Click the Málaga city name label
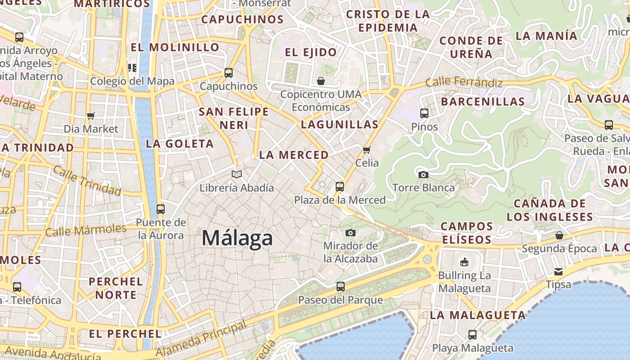click(x=237, y=238)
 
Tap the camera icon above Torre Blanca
click(x=423, y=175)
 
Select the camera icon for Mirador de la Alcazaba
click(x=351, y=233)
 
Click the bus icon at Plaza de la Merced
click(x=340, y=186)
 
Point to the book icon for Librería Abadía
click(x=237, y=174)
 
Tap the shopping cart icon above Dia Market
click(x=91, y=116)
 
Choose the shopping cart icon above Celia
click(x=367, y=150)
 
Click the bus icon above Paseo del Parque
click(x=341, y=286)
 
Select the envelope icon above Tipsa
click(x=558, y=272)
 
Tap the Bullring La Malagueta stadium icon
click(x=464, y=262)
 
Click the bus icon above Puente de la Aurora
click(x=161, y=209)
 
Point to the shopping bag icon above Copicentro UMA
click(x=321, y=81)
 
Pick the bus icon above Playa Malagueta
click(x=472, y=334)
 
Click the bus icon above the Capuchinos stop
click(x=229, y=72)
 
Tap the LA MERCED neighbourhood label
click(x=294, y=155)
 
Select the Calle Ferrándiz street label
click(x=464, y=82)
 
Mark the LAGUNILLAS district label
click(x=340, y=125)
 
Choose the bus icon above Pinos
click(x=424, y=113)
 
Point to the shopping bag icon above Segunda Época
click(x=559, y=235)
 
